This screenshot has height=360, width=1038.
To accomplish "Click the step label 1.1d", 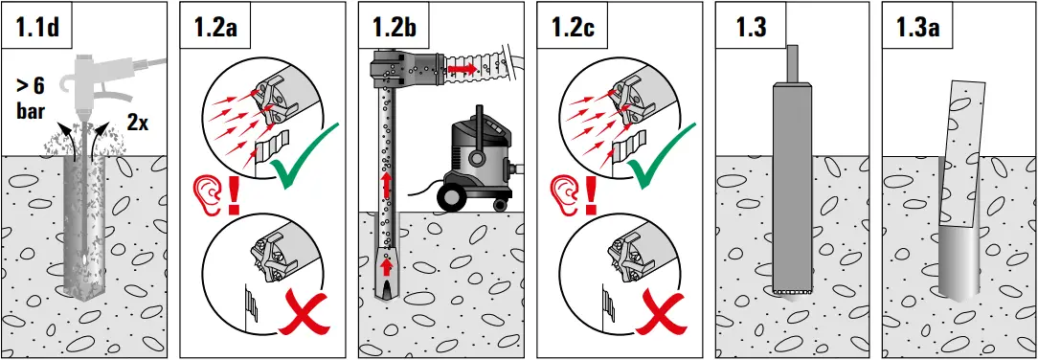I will (38, 27).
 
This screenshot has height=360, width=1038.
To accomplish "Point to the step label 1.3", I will (752, 27).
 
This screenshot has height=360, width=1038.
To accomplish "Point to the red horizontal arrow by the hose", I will (463, 71).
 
